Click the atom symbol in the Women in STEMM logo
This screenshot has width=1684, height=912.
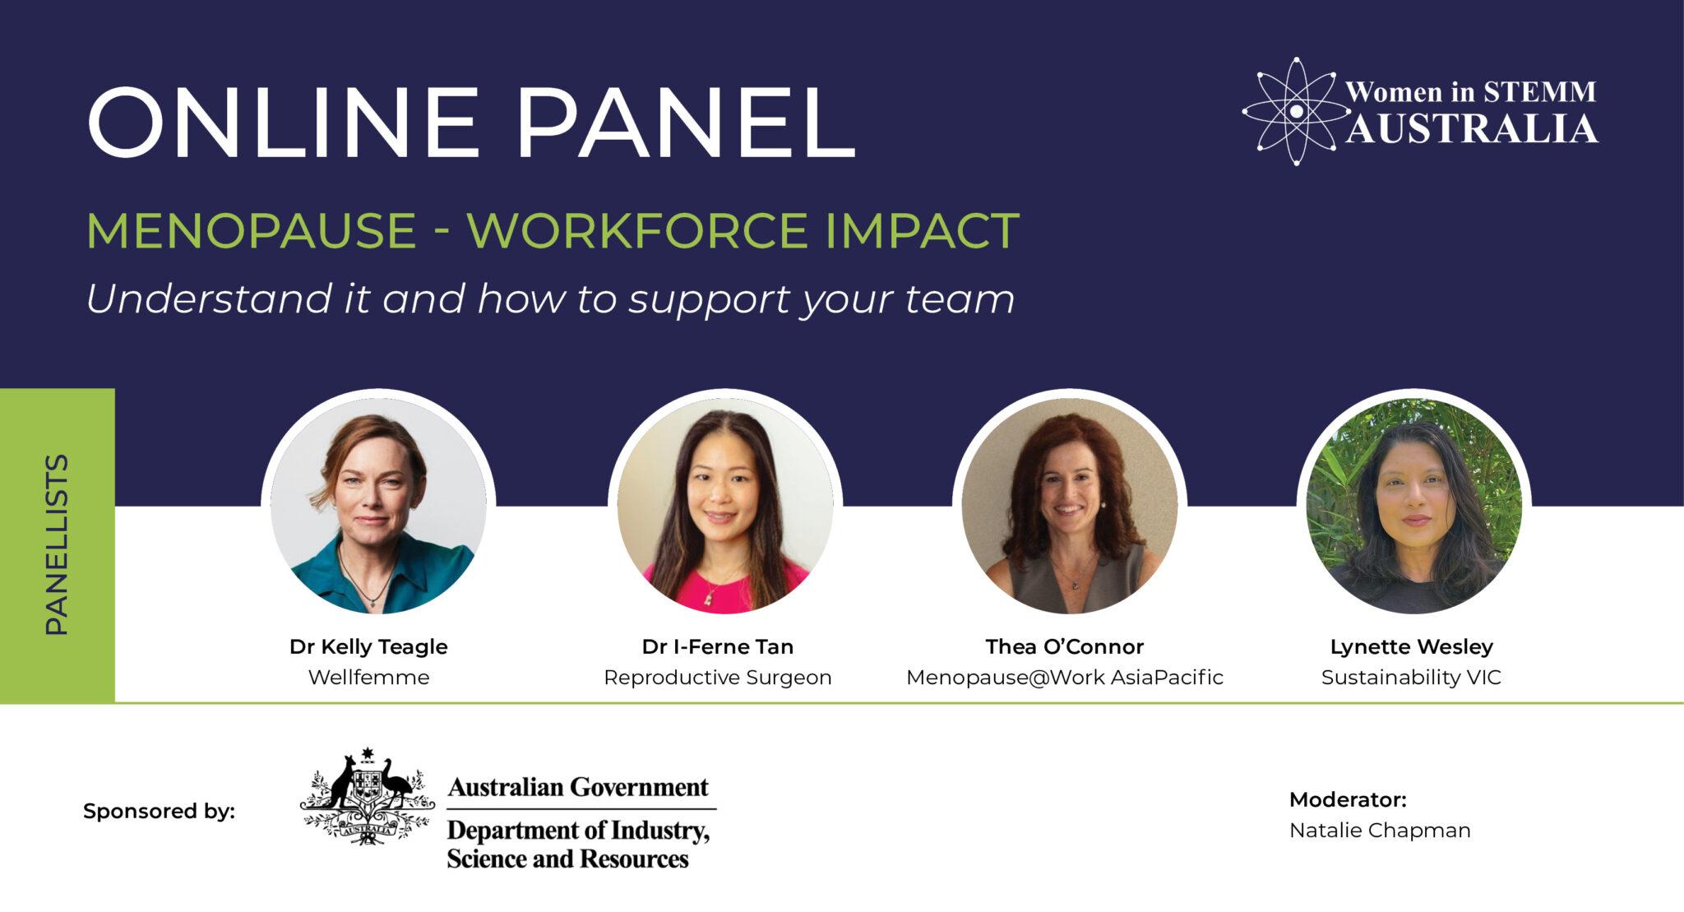pyautogui.click(x=1295, y=111)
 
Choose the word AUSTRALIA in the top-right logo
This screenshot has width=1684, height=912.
pyautogui.click(x=1472, y=130)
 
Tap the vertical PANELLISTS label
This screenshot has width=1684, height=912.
pyautogui.click(x=56, y=544)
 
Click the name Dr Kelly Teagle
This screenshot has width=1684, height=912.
pyautogui.click(x=368, y=647)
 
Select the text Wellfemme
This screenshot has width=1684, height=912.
pyautogui.click(x=368, y=678)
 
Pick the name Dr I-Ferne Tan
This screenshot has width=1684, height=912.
pyautogui.click(x=718, y=647)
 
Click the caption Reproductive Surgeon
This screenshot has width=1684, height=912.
pyautogui.click(x=718, y=678)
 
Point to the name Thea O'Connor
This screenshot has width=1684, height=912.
pyautogui.click(x=1065, y=647)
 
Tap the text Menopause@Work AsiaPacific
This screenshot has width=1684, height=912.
pyautogui.click(x=1065, y=678)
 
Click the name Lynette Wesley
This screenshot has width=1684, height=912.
pyautogui.click(x=1411, y=647)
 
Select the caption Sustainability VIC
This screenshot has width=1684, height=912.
pyautogui.click(x=1411, y=678)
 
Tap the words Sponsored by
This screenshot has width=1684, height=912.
pyautogui.click(x=159, y=812)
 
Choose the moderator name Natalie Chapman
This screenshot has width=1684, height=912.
pyautogui.click(x=1380, y=831)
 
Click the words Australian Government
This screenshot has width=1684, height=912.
pyautogui.click(x=578, y=788)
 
